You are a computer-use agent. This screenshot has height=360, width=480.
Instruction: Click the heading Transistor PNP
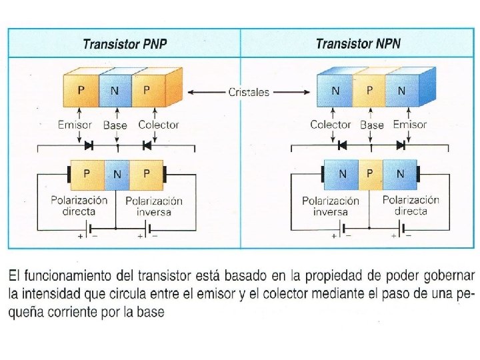[125, 45]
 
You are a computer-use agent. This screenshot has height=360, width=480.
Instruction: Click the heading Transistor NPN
[358, 44]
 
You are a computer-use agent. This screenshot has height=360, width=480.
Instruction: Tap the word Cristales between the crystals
[249, 92]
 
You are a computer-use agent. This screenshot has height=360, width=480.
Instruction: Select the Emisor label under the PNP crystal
[75, 125]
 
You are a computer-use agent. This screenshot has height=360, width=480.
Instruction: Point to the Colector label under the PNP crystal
[159, 125]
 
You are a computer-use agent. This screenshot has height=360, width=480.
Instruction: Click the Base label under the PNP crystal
[115, 125]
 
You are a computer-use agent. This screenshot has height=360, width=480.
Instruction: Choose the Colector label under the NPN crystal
[330, 125]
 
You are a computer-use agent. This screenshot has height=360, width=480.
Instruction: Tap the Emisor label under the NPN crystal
[410, 125]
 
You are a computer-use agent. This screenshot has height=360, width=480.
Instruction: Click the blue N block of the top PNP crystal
[115, 91]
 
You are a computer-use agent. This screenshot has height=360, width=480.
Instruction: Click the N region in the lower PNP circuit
[117, 174]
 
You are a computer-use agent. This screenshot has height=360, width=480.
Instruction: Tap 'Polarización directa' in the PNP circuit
[79, 205]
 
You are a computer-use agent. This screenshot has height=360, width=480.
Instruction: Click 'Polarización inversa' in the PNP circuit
[154, 206]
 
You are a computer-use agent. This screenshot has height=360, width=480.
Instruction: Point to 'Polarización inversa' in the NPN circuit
[331, 206]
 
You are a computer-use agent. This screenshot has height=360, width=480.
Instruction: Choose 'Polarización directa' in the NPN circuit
[411, 205]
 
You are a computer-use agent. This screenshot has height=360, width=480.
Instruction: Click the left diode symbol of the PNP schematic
[89, 144]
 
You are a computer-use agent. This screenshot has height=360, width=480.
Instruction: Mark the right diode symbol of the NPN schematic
[401, 144]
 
